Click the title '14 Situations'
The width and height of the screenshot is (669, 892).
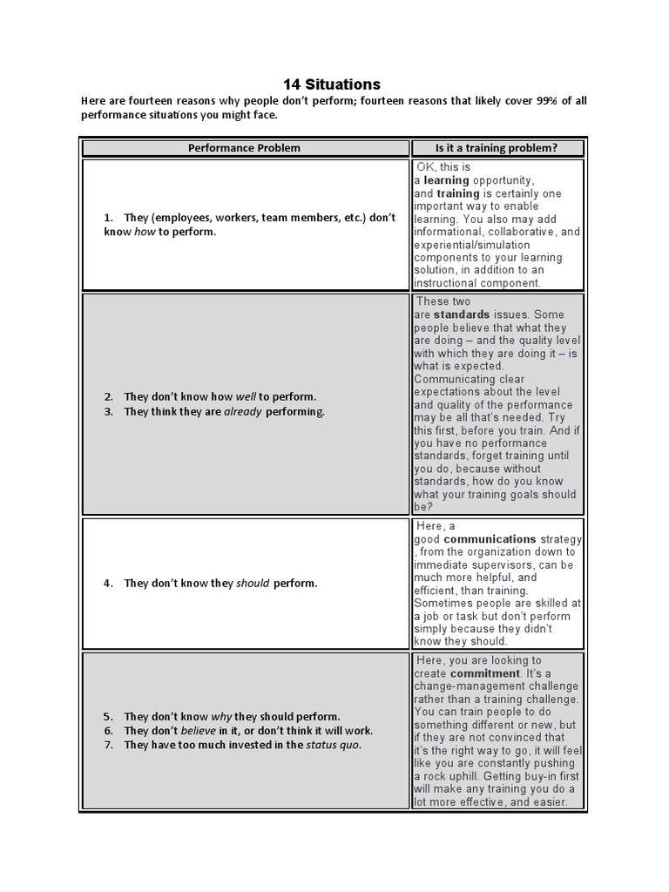pos(332,84)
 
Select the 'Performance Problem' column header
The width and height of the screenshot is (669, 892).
pos(244,148)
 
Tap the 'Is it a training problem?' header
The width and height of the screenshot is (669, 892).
pos(497,148)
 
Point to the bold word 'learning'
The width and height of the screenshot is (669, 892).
pos(446,180)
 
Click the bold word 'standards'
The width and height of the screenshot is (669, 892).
pos(462,314)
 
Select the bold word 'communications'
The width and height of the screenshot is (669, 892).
pos(490,539)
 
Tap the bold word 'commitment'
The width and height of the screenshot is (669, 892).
pos(483,674)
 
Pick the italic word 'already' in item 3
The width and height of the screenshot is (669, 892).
pos(243,412)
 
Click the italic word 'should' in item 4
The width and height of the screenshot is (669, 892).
pos(253,584)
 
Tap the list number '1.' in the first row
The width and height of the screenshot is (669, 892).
pos(109,218)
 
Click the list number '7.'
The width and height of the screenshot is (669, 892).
pos(109,746)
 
